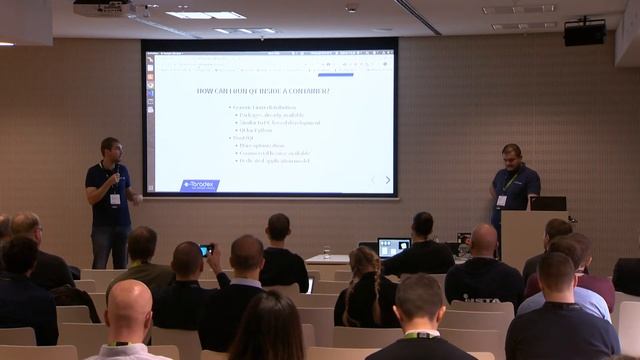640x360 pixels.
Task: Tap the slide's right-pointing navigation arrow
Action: [388, 180]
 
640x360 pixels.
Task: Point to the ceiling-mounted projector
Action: [103, 8]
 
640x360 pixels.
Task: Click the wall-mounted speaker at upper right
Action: [584, 33]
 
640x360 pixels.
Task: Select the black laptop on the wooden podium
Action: [547, 203]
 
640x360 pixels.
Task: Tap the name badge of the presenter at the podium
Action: [502, 200]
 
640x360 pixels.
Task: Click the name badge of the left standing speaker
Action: [115, 199]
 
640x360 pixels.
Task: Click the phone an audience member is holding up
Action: [205, 250]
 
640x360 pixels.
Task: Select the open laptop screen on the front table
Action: [394, 246]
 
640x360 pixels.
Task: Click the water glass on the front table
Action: [326, 252]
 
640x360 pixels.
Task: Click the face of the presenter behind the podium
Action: [510, 157]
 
